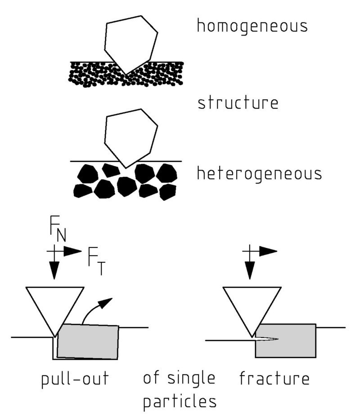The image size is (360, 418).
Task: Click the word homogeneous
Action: [x=252, y=26]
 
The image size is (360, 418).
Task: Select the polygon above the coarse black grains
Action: [x=130, y=135]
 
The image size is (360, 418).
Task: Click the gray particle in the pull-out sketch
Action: [x=88, y=342]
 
